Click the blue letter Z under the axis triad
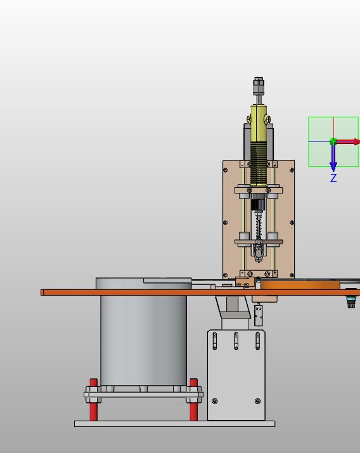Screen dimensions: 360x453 pyautogui.click(x=333, y=178)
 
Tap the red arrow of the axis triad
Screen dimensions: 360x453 pyautogui.click(x=348, y=141)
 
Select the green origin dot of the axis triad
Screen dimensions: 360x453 pyautogui.click(x=333, y=141)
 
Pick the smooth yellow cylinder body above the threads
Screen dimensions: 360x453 pyautogui.click(x=259, y=123)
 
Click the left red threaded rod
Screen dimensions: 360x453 pyautogui.click(x=94, y=400)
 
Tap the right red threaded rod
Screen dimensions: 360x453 pyautogui.click(x=194, y=400)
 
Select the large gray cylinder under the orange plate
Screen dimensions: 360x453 pyautogui.click(x=143, y=340)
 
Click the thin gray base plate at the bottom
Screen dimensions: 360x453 pyautogui.click(x=175, y=424)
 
